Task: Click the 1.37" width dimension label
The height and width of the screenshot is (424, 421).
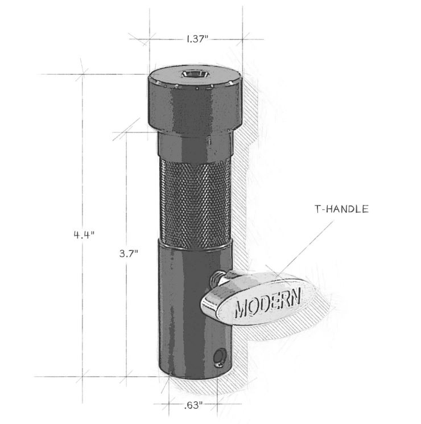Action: tap(197, 39)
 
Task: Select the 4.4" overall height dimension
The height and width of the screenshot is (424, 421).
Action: tap(84, 234)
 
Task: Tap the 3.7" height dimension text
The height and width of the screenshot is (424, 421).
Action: tap(129, 254)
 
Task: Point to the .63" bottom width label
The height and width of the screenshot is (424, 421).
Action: tap(193, 405)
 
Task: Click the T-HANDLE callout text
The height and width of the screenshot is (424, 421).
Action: tap(341, 209)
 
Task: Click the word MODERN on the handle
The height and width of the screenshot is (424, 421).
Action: tap(267, 302)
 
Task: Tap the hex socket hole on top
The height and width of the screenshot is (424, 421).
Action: tap(193, 73)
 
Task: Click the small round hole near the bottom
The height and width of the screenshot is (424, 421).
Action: tap(220, 358)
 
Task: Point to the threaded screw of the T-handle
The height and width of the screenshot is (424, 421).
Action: tap(217, 278)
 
